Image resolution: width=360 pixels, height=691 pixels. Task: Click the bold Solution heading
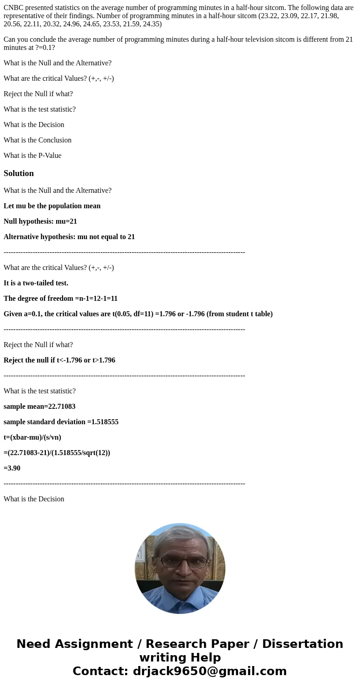[x=19, y=173]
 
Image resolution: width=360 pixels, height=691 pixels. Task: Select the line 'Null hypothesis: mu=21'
[x=40, y=221]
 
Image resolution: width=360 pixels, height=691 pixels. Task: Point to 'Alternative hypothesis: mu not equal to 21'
[x=69, y=237]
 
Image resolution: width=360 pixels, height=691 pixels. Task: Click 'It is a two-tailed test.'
[x=36, y=283]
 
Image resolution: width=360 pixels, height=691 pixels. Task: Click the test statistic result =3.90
[x=12, y=468]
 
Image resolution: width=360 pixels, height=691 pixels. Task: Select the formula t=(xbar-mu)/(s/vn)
[x=32, y=437]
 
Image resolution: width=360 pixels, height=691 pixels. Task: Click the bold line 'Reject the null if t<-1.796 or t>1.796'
[x=59, y=360]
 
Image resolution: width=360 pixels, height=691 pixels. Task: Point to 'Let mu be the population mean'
[x=52, y=206]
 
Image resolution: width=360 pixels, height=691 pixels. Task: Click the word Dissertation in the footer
[x=302, y=644]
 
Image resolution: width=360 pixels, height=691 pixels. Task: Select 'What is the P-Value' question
[x=32, y=155]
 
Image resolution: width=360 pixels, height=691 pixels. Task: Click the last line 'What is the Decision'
[x=34, y=499]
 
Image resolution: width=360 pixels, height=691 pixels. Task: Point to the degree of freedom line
[x=60, y=299]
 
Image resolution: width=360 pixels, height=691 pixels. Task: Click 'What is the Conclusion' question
[x=38, y=140]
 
